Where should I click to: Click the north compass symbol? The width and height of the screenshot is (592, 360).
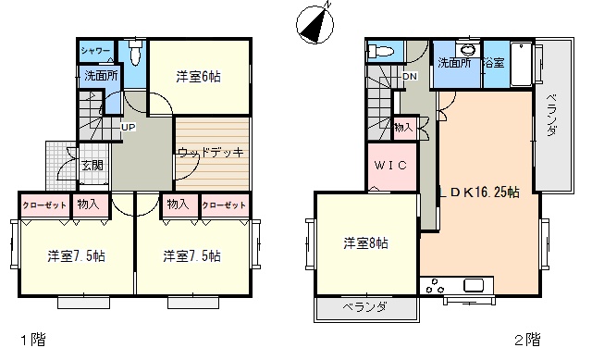[314, 25]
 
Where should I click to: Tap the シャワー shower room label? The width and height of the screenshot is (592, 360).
[95, 51]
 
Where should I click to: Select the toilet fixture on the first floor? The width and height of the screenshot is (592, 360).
[135, 52]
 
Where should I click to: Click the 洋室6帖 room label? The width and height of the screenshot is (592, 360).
[198, 77]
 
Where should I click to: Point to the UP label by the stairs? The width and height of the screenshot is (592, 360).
[128, 128]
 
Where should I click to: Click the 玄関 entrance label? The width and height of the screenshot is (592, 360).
[92, 165]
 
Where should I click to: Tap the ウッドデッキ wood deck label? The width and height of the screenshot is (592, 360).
[211, 152]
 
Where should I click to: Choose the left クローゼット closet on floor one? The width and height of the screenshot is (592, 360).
[44, 205]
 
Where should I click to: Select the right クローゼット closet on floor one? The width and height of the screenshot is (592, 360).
[224, 205]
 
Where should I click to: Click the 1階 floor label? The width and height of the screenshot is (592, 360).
[33, 340]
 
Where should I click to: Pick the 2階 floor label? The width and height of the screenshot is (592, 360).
[527, 340]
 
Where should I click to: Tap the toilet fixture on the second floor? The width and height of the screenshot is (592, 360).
[381, 50]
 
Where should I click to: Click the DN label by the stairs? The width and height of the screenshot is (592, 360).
[410, 76]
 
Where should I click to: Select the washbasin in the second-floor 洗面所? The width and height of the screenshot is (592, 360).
[468, 49]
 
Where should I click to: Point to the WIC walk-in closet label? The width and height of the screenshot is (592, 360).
[390, 165]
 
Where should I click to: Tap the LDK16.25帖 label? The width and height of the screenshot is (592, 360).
[479, 192]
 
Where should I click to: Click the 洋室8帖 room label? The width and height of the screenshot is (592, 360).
[365, 242]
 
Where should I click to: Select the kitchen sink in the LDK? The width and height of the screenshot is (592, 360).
[474, 285]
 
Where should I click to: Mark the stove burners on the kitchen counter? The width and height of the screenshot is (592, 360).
[435, 286]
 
